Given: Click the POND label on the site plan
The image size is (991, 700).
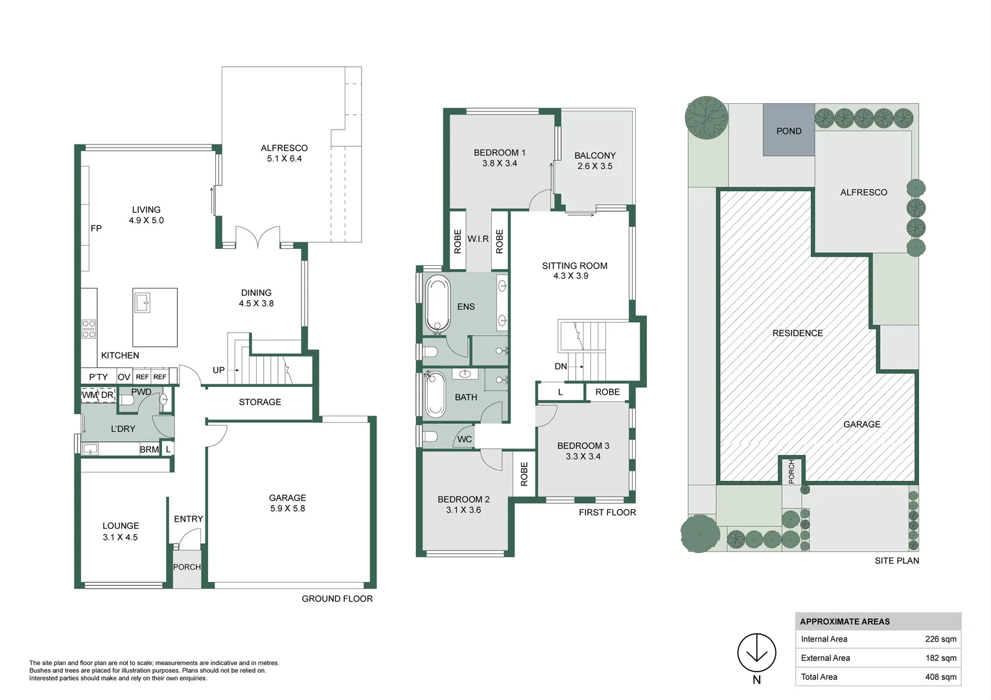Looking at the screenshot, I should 788,131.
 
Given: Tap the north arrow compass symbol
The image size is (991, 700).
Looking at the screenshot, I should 756,653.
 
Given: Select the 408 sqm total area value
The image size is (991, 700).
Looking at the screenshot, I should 940,677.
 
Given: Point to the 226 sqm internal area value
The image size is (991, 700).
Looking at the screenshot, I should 940,639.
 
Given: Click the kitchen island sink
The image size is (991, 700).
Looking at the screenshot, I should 142,302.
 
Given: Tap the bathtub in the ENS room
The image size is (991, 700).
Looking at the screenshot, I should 437,303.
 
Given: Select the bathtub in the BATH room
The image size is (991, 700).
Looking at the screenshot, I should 435,395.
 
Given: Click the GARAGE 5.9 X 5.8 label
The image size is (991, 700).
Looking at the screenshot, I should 287,503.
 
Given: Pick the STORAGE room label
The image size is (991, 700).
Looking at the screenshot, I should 260,402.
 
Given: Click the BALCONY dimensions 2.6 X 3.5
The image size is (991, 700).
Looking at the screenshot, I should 594,166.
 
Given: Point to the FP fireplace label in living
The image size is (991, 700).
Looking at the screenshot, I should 96,228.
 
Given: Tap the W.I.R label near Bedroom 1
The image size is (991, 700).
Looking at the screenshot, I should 478,239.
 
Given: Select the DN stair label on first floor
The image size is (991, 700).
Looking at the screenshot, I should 561,366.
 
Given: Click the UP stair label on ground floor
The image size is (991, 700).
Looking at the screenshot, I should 218,370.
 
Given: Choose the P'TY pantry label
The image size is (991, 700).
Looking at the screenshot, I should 99,377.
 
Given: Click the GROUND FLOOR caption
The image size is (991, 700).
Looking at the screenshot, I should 337,599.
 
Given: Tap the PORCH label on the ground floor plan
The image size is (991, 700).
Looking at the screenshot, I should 187,567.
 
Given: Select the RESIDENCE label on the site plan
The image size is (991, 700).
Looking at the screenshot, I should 797,333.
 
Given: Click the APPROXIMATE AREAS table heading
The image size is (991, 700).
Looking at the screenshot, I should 845,622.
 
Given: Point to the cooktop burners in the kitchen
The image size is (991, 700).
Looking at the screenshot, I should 89,329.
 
